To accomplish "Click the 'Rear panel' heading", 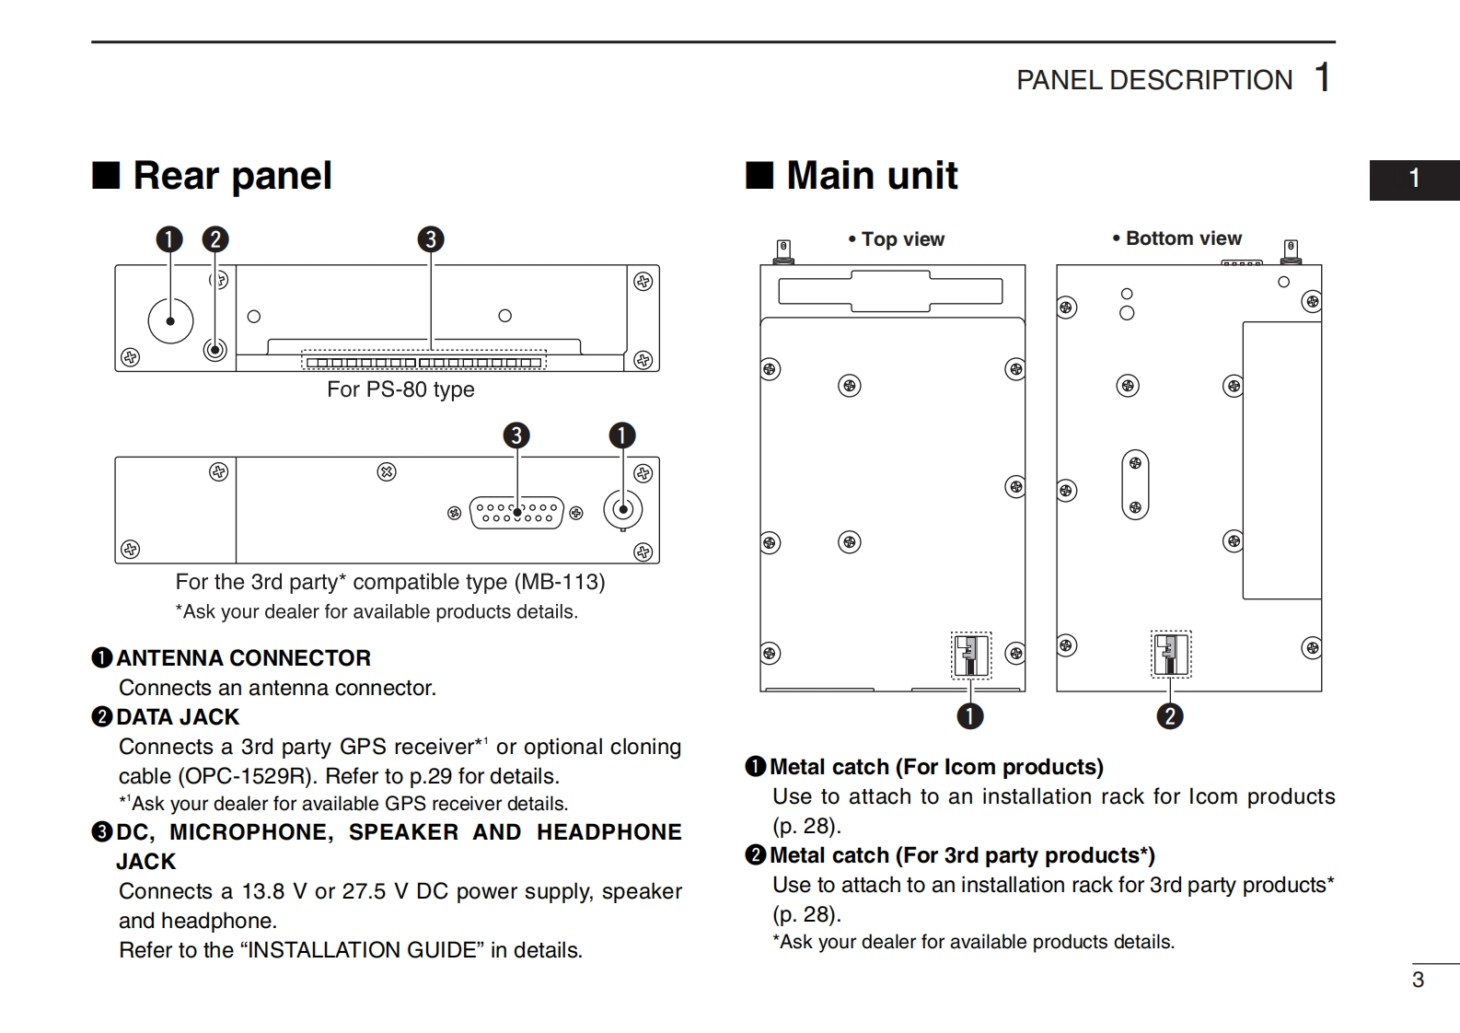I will [232, 175].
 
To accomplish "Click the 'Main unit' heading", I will [871, 175].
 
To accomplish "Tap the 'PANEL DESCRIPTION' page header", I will [1153, 80].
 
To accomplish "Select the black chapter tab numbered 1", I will [1414, 179].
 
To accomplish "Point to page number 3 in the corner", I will [1418, 980].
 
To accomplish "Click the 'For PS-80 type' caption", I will [400, 389].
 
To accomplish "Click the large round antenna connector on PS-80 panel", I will [170, 320].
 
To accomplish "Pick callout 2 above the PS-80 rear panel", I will [215, 239].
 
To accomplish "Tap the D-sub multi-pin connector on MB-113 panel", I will [516, 512].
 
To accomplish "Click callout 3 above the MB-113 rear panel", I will [516, 435].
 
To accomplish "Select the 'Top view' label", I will [902, 239].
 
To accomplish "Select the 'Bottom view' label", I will [1183, 238].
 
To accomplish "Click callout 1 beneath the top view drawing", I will [970, 716].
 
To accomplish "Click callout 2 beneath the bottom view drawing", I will [1170, 716].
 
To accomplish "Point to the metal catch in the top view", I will [970, 656].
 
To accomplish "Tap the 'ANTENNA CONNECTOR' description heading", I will [243, 658].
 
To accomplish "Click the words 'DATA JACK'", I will [178, 717].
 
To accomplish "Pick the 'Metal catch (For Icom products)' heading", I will [936, 767].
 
